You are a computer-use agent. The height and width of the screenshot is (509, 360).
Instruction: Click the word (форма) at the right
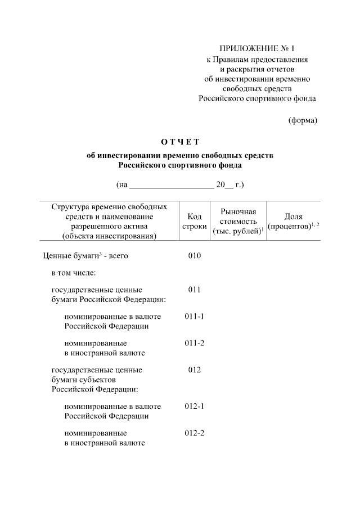pos(303,120)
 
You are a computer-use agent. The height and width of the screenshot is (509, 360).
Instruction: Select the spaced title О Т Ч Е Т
pos(179,141)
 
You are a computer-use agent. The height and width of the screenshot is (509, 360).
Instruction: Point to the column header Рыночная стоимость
pos(238,221)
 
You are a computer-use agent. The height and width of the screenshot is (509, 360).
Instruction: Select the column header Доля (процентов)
pos(293,221)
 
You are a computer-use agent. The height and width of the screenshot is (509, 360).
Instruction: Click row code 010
pos(194,256)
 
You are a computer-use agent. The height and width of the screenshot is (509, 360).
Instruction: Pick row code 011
pos(194,290)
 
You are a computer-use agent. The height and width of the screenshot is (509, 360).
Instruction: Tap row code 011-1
pos(194,316)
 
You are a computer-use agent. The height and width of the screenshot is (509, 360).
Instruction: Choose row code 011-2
pos(194,343)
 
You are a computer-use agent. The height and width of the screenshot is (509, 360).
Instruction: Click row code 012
pos(194,370)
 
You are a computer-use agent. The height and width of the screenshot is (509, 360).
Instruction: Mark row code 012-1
pos(194,406)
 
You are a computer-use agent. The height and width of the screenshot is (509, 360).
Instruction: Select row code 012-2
pos(194,433)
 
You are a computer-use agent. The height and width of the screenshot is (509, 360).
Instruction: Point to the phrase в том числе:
pos(74,273)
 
